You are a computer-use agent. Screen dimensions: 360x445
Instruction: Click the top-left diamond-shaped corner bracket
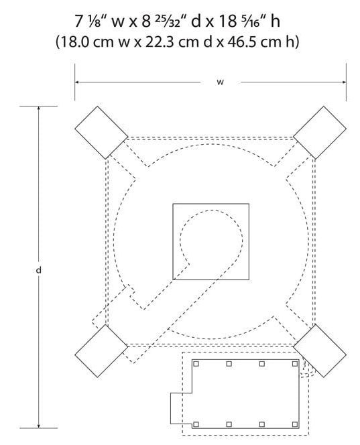click(101, 133)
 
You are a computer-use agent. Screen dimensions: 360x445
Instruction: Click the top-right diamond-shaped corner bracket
click(320, 133)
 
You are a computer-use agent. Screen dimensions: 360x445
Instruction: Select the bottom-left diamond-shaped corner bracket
click(101, 351)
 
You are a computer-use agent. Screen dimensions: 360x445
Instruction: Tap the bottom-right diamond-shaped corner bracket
click(320, 351)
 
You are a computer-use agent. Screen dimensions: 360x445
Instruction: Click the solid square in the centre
click(211, 241)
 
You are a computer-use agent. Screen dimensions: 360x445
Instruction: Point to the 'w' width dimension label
click(221, 82)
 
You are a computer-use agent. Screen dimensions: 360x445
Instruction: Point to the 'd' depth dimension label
click(39, 270)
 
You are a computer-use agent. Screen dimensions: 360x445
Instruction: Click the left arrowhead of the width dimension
click(77, 82)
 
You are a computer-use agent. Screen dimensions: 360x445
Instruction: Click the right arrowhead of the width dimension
click(344, 82)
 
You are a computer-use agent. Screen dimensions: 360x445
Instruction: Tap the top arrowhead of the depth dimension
click(39, 109)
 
